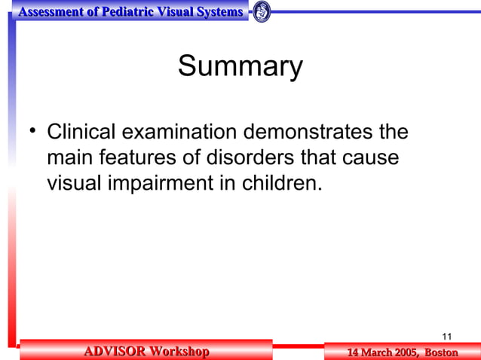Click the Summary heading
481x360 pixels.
click(x=240, y=67)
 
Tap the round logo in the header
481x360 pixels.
click(x=262, y=12)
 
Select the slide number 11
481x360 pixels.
click(x=446, y=336)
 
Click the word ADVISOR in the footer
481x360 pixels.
click(x=114, y=352)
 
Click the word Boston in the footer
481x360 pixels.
click(x=441, y=352)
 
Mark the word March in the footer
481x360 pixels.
click(x=372, y=352)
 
